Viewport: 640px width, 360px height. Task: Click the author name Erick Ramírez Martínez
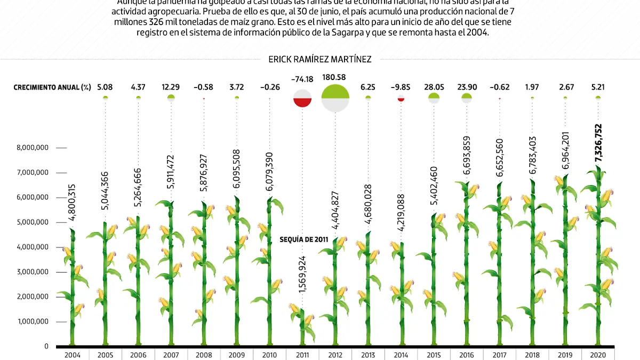click(320, 60)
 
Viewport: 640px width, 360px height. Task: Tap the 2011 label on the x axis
click(302, 354)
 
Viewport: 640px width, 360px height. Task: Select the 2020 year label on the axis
click(598, 354)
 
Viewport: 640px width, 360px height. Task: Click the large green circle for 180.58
click(335, 98)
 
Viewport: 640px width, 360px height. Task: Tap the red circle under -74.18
click(302, 99)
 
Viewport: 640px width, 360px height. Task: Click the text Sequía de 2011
click(304, 239)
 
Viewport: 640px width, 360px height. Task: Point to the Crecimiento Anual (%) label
click(52, 86)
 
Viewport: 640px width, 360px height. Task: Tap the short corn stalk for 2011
click(302, 325)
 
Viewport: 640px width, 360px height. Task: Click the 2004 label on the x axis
click(73, 354)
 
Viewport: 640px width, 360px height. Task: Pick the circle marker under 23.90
click(467, 98)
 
